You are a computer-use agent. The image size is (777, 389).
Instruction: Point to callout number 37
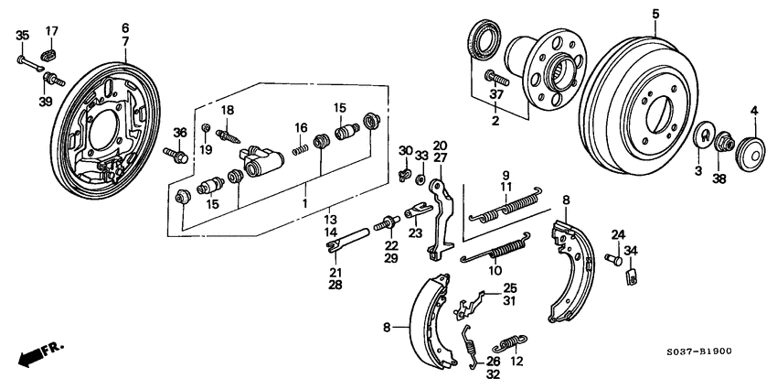point(496,94)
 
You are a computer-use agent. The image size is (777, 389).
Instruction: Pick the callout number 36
point(180,133)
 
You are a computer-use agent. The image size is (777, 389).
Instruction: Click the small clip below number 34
point(631,276)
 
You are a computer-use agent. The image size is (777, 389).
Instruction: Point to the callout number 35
point(23,36)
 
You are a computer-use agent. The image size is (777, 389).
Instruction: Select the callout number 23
point(417,233)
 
